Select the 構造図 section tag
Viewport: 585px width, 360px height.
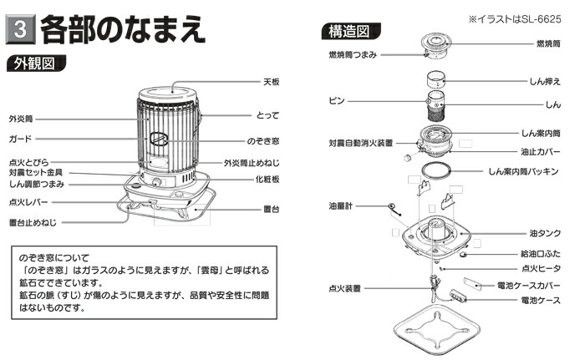pos(345,32)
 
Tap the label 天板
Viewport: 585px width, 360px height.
pos(270,82)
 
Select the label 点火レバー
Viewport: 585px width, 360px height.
pos(29,201)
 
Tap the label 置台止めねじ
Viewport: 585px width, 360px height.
pos(34,223)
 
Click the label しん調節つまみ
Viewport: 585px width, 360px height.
pos(37,184)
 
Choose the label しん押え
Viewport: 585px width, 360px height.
pos(545,82)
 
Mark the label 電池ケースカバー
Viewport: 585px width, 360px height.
pos(535,284)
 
